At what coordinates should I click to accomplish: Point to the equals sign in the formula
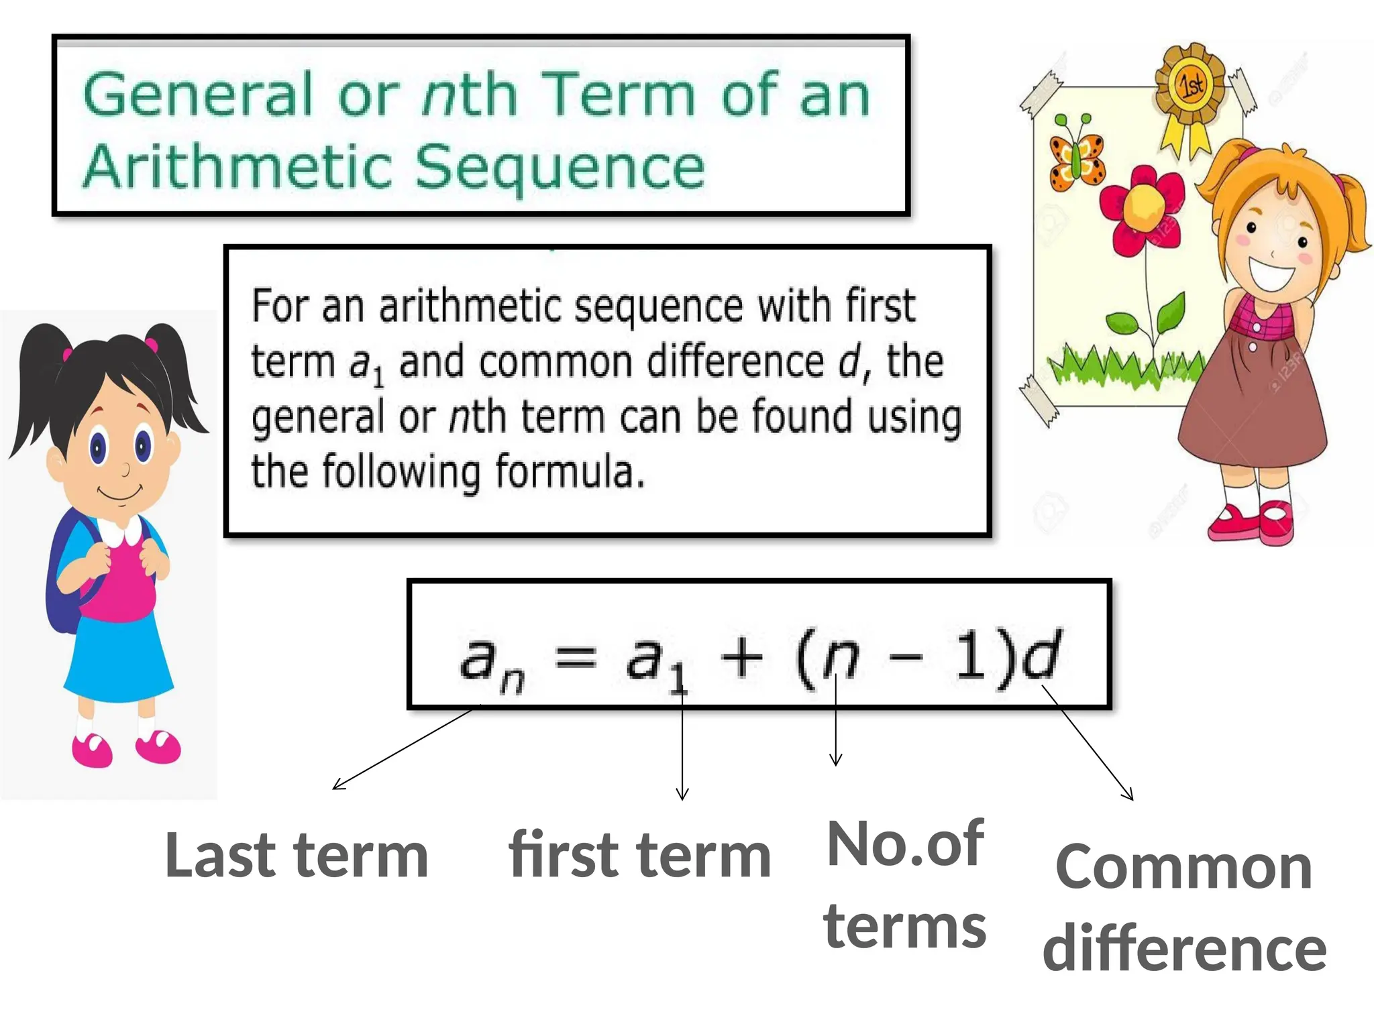(576, 656)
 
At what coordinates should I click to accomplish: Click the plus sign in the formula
(741, 656)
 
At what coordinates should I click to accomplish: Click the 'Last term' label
(297, 856)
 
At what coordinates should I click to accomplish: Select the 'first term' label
(640, 856)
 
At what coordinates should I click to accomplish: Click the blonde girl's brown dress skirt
(1252, 409)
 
